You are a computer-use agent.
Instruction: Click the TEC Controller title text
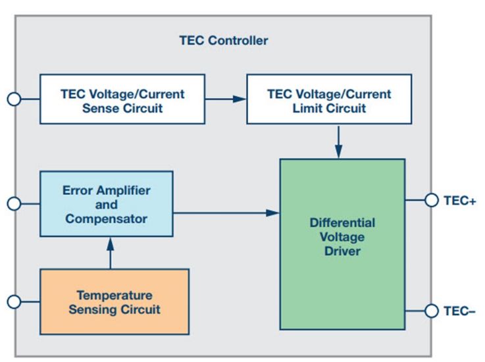[x=224, y=41]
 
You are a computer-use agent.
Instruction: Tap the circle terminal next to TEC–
[x=432, y=311]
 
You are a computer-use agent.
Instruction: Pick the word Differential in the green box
[x=342, y=222]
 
